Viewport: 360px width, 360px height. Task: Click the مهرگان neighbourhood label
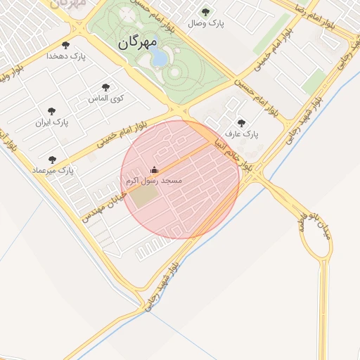pyautogui.click(x=137, y=42)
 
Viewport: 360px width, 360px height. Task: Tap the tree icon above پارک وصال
pyautogui.click(x=205, y=12)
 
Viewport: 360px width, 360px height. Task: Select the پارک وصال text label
pyautogui.click(x=205, y=24)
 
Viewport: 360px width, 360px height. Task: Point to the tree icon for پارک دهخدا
pyautogui.click(x=66, y=44)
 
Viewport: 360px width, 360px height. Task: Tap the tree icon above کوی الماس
pyautogui.click(x=105, y=87)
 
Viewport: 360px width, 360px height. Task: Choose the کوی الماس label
pyautogui.click(x=105, y=99)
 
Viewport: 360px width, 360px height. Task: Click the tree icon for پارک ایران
pyautogui.click(x=51, y=111)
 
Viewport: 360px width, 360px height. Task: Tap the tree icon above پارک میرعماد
pyautogui.click(x=52, y=159)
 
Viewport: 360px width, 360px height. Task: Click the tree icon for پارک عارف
pyautogui.click(x=242, y=122)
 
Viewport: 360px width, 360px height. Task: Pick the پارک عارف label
pyautogui.click(x=242, y=134)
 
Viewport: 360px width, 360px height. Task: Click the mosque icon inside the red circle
pyautogui.click(x=155, y=170)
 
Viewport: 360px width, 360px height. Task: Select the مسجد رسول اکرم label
pyautogui.click(x=154, y=181)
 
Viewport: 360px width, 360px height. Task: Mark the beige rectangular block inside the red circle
pyautogui.click(x=143, y=198)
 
